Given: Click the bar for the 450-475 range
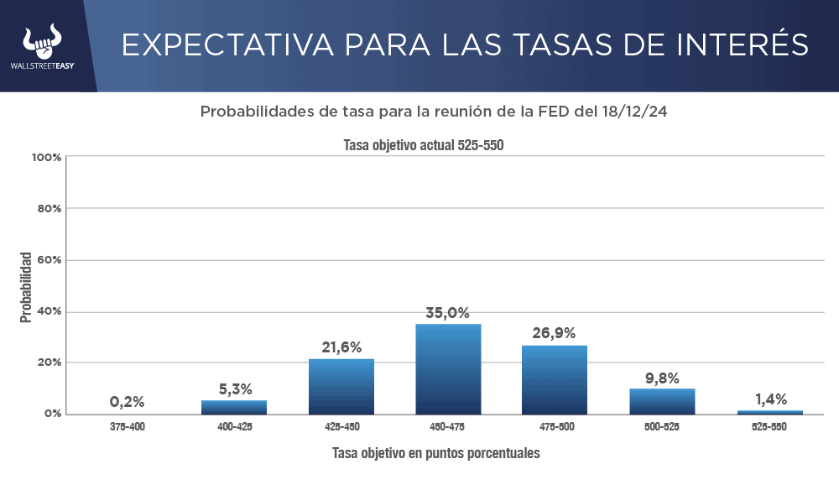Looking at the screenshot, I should (448, 369).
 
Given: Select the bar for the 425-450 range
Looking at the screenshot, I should (341, 387).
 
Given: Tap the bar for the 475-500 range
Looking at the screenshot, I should (555, 380).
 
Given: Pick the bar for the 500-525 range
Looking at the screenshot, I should (662, 402).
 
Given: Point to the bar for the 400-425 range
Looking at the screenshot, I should (234, 407).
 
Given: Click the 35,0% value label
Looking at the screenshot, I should (448, 313).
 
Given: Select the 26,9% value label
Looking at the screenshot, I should (555, 333).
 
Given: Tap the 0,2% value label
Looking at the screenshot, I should (127, 402).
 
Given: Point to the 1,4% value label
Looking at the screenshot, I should (769, 399).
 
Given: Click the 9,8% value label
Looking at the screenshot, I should (662, 378).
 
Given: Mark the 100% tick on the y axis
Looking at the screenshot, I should (46, 157).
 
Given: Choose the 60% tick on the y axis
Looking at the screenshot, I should (49, 260).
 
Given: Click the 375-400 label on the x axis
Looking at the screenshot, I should (127, 427).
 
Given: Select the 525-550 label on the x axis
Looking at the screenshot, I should (769, 427).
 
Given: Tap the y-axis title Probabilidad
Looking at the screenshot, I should (26, 287).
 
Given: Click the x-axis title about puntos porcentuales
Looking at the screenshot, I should (435, 454).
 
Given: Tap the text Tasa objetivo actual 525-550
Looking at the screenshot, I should (424, 145).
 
